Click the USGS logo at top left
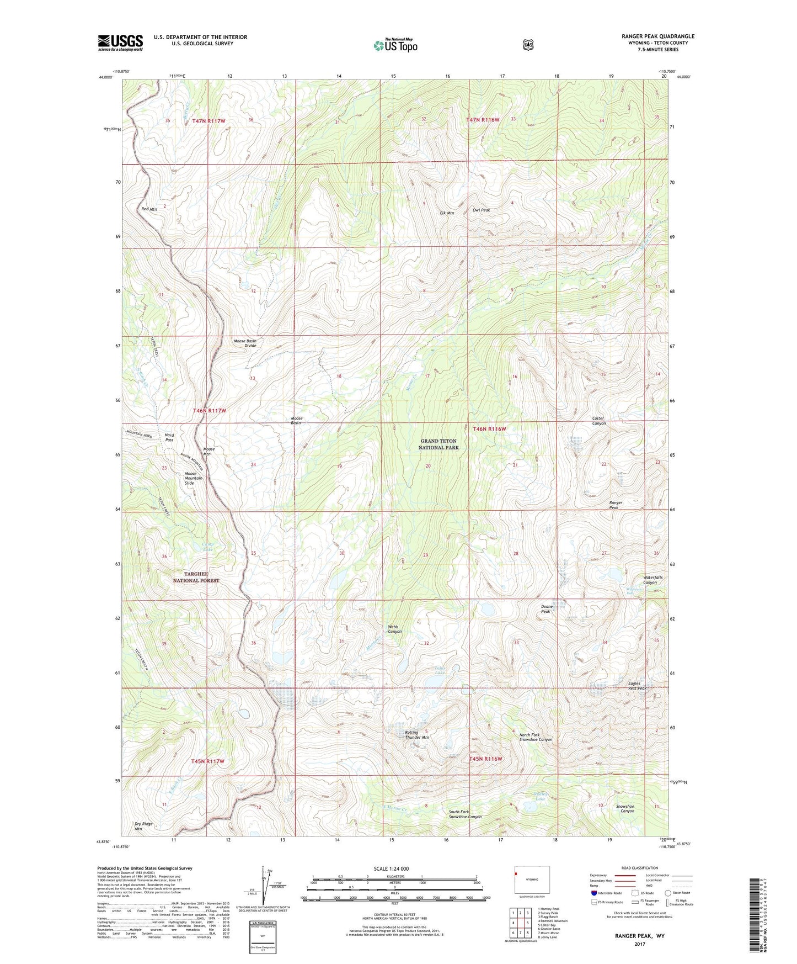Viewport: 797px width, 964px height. coord(120,43)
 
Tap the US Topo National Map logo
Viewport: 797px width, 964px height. coord(395,45)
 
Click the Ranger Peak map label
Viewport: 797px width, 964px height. coord(616,505)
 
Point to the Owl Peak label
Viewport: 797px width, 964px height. coord(481,210)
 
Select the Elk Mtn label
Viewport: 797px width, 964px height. coord(447,213)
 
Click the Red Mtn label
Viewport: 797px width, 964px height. coord(149,209)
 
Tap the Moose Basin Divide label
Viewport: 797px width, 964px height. coord(245,343)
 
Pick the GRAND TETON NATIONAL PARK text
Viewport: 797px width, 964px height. coord(439,444)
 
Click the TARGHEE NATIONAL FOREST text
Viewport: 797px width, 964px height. coord(196,577)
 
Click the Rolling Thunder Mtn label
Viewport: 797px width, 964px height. coord(417,735)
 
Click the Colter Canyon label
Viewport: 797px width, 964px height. coord(598,421)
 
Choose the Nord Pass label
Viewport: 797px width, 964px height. coord(169,437)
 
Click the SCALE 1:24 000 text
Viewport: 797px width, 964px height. coord(391,868)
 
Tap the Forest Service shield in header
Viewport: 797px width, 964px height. coord(528,45)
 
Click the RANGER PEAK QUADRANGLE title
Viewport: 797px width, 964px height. coord(657,36)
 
